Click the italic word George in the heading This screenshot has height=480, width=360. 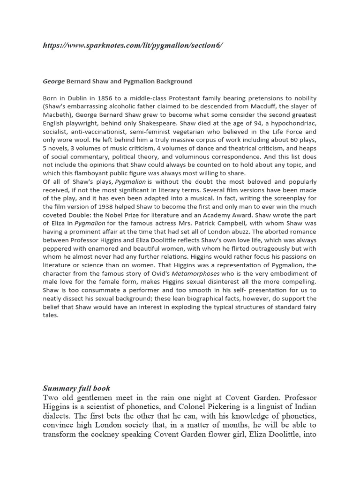(53, 81)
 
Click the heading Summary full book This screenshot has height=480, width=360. (76, 388)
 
